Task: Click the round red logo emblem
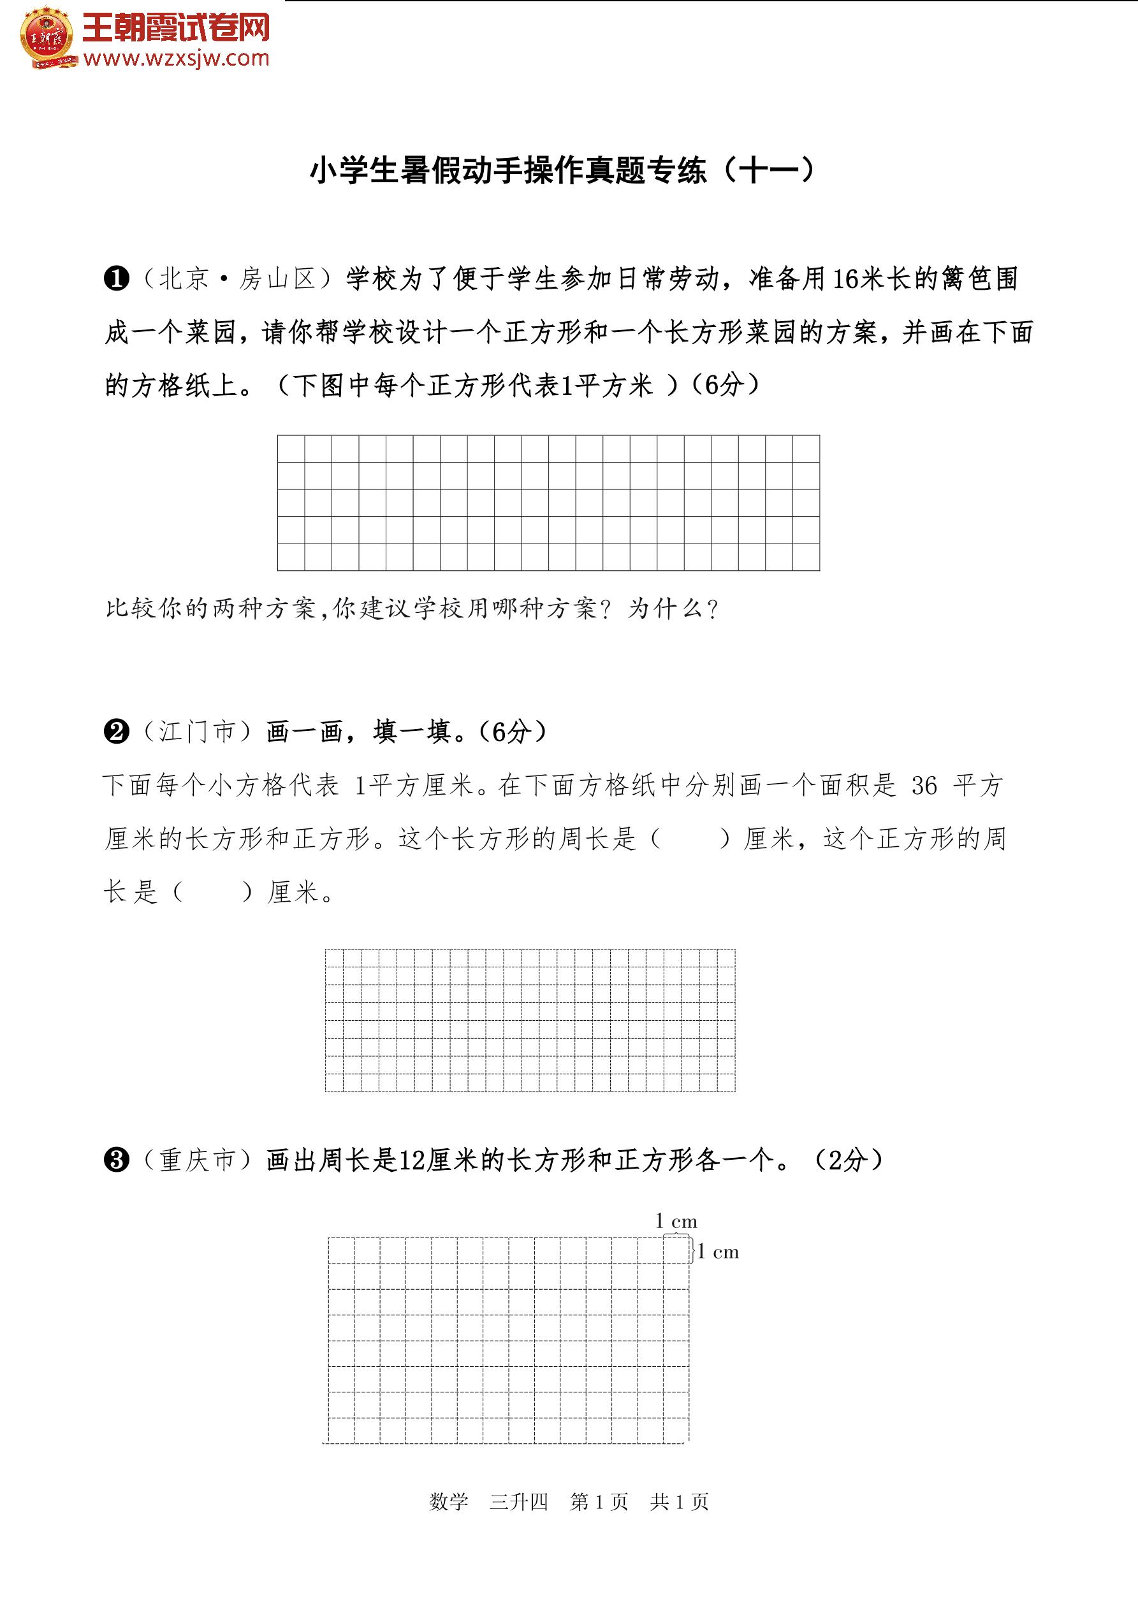[47, 37]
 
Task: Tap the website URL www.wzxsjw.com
[176, 59]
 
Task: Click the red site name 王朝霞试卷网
[176, 28]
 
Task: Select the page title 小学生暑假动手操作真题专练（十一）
[563, 170]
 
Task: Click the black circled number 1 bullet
[117, 279]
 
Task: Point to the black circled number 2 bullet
[117, 732]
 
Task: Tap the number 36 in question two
[924, 786]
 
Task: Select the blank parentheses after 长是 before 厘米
[212, 892]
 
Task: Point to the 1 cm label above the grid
[676, 1222]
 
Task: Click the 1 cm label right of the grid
[718, 1252]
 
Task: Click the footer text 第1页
[599, 1501]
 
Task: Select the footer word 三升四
[519, 1501]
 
